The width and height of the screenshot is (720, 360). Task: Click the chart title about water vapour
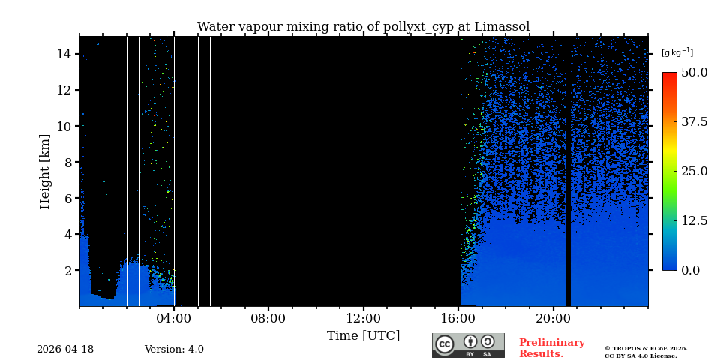(x=363, y=27)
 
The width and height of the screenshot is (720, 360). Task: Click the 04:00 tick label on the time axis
(x=174, y=318)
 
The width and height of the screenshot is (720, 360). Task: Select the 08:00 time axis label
(x=268, y=318)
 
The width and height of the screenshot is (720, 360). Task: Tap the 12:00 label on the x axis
(x=364, y=318)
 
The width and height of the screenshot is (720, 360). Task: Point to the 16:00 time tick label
(x=458, y=318)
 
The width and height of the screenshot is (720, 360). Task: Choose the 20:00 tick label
(x=553, y=318)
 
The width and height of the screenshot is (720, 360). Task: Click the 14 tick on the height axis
(x=63, y=54)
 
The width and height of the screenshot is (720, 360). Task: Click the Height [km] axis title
(x=45, y=171)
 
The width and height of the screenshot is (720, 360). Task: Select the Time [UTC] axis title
(x=363, y=336)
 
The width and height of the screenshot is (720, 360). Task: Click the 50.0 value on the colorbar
(x=694, y=73)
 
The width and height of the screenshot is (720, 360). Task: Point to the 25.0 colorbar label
(x=694, y=171)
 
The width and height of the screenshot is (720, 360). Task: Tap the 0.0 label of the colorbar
(x=690, y=270)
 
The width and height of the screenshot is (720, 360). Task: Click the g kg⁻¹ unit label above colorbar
(x=676, y=53)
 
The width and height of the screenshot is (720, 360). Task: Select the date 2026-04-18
(x=65, y=349)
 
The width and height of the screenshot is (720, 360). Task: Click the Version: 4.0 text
(x=174, y=349)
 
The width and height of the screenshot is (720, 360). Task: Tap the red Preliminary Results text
(x=551, y=348)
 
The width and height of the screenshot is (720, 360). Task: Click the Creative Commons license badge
(x=468, y=345)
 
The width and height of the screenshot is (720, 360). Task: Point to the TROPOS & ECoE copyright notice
(x=646, y=352)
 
